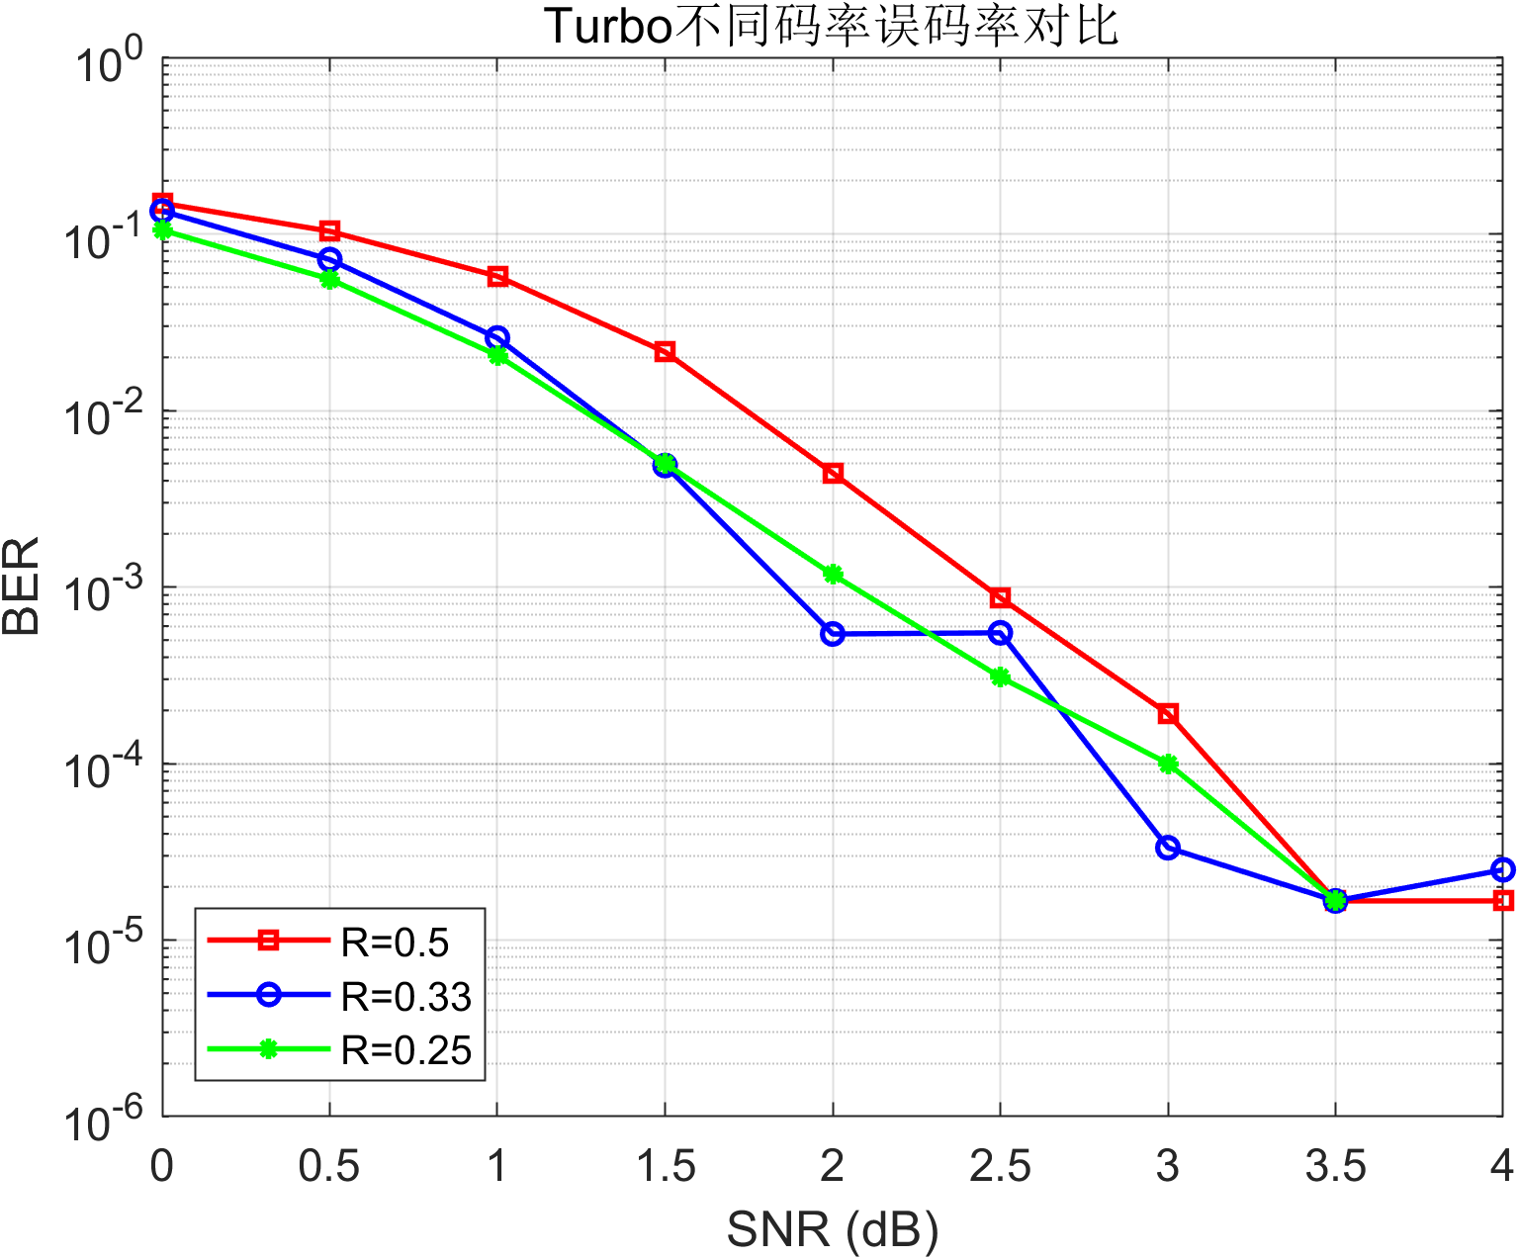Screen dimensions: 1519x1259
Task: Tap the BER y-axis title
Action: pos(21,585)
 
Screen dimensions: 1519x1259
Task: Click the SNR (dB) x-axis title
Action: pos(833,1230)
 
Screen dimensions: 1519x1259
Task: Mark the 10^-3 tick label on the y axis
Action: pos(103,590)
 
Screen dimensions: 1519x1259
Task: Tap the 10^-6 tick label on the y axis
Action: pos(103,1120)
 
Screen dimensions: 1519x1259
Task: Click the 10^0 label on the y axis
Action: pos(109,61)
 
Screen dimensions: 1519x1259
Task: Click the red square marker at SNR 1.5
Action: pos(665,352)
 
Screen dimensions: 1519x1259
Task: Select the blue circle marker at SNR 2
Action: pos(833,634)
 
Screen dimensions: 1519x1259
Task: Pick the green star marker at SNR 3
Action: pos(1168,764)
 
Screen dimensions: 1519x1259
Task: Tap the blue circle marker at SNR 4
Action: pos(1503,869)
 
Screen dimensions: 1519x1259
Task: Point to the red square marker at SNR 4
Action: pos(1503,901)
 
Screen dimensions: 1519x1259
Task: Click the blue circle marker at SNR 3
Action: pos(1168,848)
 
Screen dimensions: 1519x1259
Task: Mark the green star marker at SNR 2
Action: pos(833,575)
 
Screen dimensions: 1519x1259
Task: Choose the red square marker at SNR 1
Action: pos(496,277)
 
